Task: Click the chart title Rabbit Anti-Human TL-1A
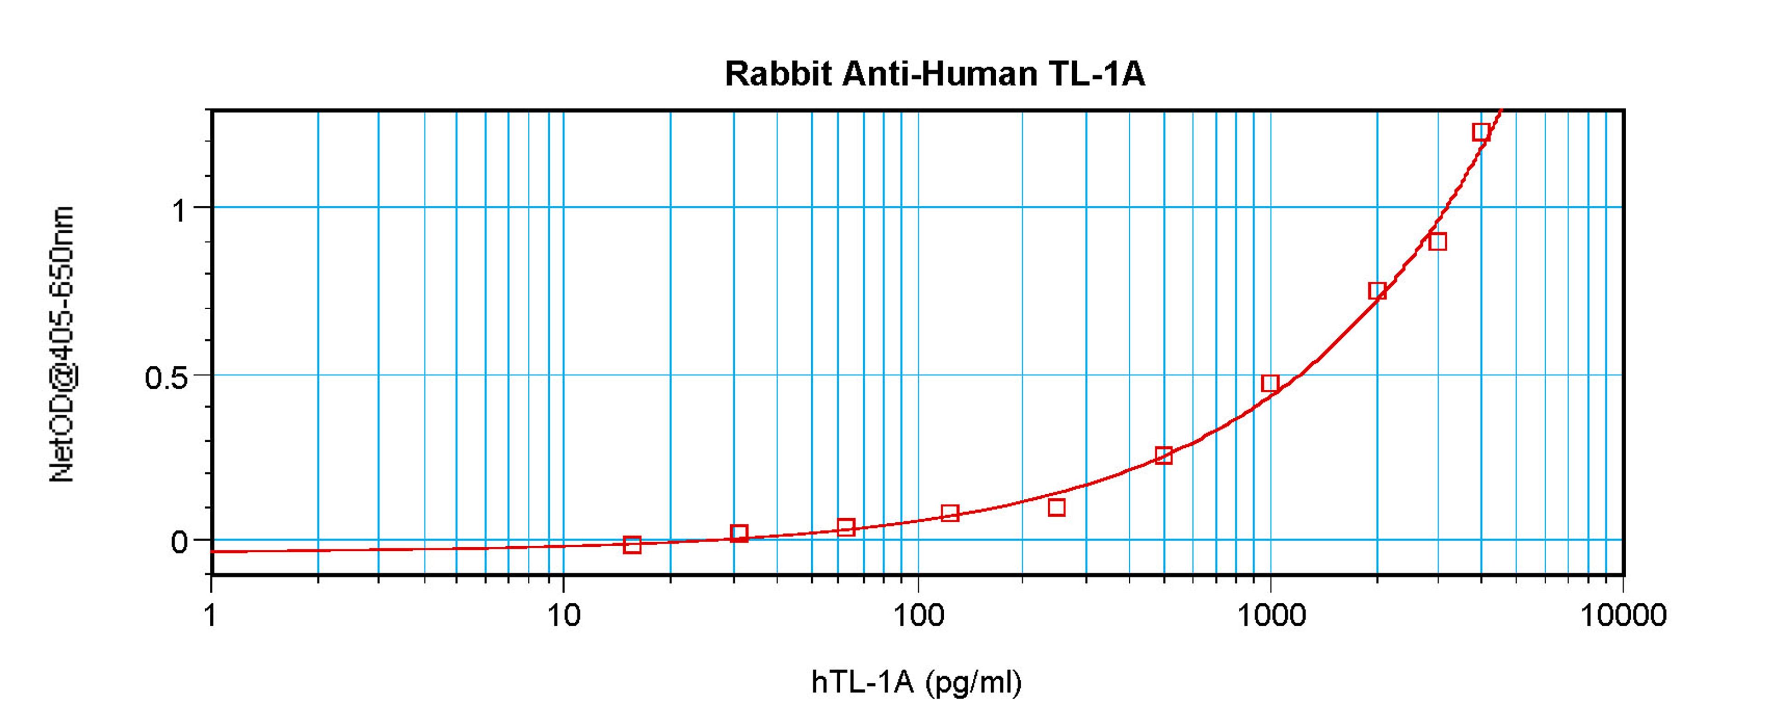point(935,74)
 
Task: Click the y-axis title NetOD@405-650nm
point(62,343)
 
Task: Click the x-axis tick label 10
point(563,616)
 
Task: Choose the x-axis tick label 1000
point(1271,616)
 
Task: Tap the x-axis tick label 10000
point(1623,616)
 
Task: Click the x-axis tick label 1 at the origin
point(211,616)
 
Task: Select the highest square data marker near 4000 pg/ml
point(1481,132)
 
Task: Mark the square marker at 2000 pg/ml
point(1377,290)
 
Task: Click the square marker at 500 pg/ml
point(1163,456)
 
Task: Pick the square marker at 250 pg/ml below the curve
point(1057,507)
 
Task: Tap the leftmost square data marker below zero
point(632,545)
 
